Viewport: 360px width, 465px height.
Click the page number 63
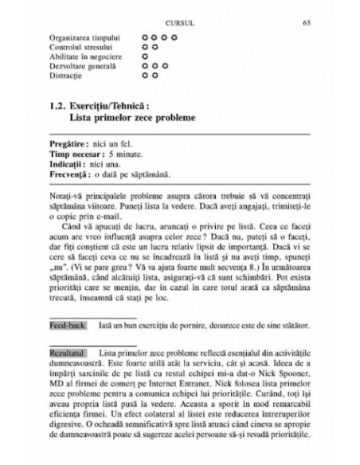point(307,22)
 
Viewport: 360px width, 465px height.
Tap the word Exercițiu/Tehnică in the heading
point(109,105)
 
